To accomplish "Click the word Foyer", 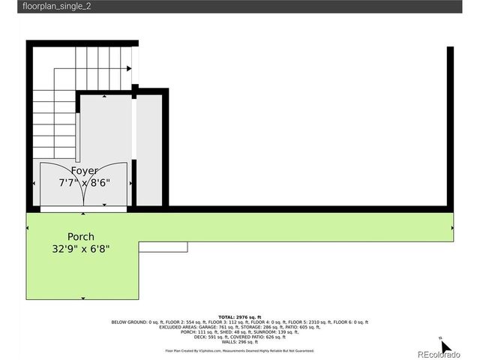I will tap(84, 171).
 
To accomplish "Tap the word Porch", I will tap(81, 236).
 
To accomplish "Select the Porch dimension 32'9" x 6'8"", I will tap(81, 248).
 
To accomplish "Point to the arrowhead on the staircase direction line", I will tap(130, 68).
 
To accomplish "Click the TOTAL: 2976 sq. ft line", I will tap(239, 317).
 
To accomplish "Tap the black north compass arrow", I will tap(445, 347).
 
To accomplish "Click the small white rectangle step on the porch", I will tap(163, 246).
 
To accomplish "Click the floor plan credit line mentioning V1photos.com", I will tap(239, 350).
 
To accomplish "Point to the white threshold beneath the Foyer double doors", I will tap(82, 209).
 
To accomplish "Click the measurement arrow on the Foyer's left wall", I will tap(34, 183).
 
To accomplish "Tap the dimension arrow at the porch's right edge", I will tap(451, 227).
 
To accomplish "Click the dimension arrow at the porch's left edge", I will tap(29, 227).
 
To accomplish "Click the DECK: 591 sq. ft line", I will tap(239, 337).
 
